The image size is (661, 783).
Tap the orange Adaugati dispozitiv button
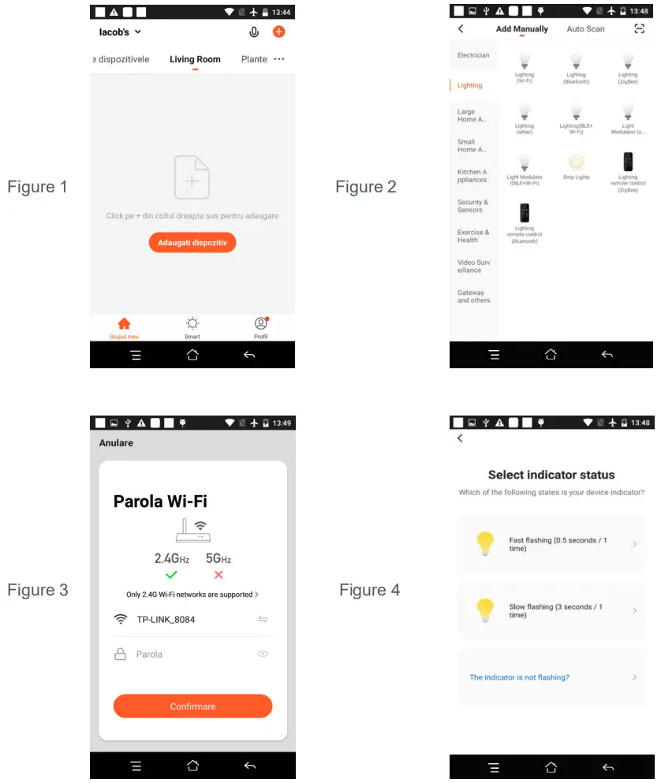pos(192,243)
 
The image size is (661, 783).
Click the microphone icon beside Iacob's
pos(254,32)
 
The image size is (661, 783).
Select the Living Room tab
pos(195,59)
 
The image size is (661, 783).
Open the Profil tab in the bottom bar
pos(261,326)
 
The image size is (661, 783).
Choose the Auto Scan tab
pos(585,29)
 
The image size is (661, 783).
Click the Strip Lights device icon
pos(576,164)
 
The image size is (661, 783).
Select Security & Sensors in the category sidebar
pos(472,206)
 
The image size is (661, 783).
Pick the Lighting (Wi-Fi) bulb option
pos(525,65)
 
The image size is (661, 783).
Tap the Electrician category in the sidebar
pos(473,55)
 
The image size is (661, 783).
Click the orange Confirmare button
pos(192,706)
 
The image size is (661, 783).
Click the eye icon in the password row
pos(263,654)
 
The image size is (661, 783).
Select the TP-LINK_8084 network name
pos(166,619)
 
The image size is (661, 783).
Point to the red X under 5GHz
pos(218,575)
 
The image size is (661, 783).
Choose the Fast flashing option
pos(551,544)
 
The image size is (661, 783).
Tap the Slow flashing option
pos(551,610)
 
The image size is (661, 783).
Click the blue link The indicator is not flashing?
pos(519,677)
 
